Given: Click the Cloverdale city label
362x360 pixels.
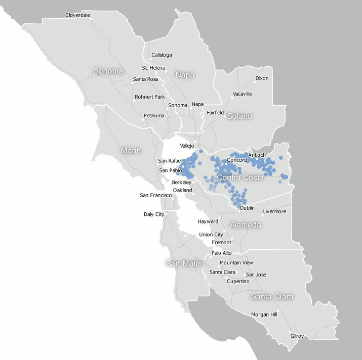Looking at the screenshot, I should [x=77, y=15].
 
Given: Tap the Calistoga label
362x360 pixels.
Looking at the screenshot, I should [x=162, y=55].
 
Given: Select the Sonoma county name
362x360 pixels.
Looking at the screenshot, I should [x=108, y=71].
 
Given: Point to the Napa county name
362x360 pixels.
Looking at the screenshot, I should [x=185, y=75].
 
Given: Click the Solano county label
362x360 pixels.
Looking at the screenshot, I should [x=239, y=116].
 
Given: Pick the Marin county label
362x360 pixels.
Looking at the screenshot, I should [x=131, y=150].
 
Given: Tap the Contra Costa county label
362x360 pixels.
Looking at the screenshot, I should [x=240, y=178].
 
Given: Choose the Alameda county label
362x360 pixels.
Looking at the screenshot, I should [x=246, y=224].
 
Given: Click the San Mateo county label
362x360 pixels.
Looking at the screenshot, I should [x=185, y=263].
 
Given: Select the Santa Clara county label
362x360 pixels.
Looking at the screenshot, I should [x=272, y=296].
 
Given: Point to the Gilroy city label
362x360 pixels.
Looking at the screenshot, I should [x=297, y=336].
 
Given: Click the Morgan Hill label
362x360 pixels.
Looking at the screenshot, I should [x=264, y=314].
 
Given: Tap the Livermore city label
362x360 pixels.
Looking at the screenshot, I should [x=274, y=211].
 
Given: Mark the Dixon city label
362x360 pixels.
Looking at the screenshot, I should [x=262, y=78].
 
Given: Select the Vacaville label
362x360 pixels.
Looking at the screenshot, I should [x=242, y=94].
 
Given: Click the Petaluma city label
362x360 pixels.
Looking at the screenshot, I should [x=154, y=116].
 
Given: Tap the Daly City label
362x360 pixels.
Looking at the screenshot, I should [x=154, y=214].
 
